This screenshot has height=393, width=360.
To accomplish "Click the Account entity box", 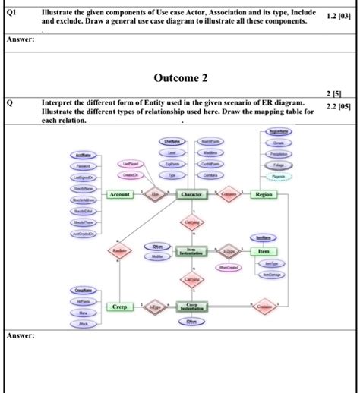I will pos(120,195).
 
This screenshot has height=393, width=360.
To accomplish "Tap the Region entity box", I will pos(264,195).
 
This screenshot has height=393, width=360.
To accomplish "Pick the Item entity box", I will pos(264,251).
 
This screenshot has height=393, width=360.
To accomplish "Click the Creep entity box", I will pos(120,307).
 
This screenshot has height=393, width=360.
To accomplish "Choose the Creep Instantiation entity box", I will pos(191,307).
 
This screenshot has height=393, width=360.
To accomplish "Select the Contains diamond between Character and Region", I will pos(227,195).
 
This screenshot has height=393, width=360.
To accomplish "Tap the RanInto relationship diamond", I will pos(118,251).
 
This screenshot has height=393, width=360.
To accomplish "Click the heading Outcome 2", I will pos(181,78).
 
